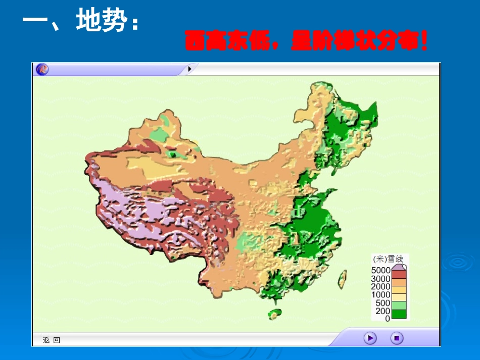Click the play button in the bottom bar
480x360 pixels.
(370, 338)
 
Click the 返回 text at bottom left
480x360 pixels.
(52, 340)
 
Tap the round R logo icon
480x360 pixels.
(42, 69)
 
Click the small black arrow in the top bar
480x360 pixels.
(189, 69)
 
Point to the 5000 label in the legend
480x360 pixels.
(381, 271)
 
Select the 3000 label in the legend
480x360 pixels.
(381, 279)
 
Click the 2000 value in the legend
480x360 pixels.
(381, 287)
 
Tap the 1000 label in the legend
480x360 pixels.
(381, 295)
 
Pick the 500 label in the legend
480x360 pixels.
(383, 303)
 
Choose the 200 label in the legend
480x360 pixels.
(383, 311)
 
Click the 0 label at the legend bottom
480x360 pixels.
(388, 319)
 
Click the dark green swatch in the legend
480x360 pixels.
(399, 315)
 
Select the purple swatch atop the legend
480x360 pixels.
(399, 267)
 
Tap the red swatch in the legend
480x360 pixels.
(399, 275)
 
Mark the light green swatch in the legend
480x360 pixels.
(399, 305)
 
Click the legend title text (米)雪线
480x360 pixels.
(384, 259)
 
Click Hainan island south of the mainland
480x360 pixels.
(275, 314)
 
